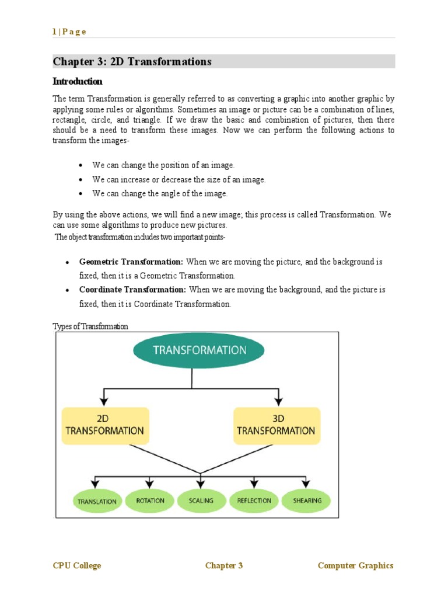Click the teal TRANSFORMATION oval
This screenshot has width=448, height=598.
click(x=199, y=350)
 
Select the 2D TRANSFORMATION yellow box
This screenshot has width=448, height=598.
click(x=105, y=425)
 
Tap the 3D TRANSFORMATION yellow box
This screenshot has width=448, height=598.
click(x=276, y=425)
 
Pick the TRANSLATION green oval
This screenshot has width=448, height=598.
click(x=97, y=501)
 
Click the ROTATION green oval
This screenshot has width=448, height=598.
click(x=150, y=500)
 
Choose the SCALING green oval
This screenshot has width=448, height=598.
click(x=201, y=500)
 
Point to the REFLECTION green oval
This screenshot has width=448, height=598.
click(x=254, y=500)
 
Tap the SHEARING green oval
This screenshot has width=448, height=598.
click(x=306, y=500)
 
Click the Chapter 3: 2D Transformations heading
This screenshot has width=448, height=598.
click(x=132, y=62)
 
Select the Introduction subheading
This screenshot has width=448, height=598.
click(x=78, y=81)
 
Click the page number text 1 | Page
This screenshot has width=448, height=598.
click(x=69, y=32)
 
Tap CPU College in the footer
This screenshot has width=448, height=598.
click(x=77, y=565)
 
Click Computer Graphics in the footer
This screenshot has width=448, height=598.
click(x=355, y=565)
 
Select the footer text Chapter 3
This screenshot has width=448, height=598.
click(x=224, y=565)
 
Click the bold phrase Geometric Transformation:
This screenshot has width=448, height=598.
click(x=131, y=262)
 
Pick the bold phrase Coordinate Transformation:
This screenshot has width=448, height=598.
click(x=133, y=290)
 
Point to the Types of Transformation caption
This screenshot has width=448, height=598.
click(x=90, y=326)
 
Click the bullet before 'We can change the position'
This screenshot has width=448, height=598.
click(x=80, y=166)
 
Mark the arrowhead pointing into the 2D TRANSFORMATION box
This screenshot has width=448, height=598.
click(x=104, y=402)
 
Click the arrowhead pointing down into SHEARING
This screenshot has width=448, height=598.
click(x=305, y=484)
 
